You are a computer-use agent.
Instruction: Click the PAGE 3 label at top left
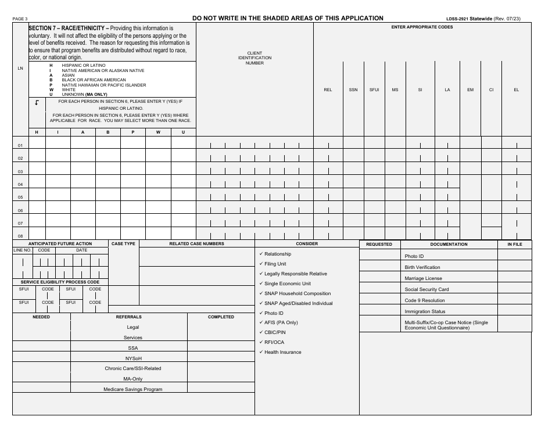(20, 19)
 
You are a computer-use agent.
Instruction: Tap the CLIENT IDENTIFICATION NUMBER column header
(255, 58)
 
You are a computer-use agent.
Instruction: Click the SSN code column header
(353, 90)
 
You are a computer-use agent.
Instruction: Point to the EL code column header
(516, 90)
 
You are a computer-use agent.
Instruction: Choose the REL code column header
(328, 90)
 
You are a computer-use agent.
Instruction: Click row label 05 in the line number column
(20, 198)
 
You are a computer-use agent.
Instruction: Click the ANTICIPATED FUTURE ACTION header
(60, 244)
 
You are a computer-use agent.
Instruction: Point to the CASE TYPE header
(123, 244)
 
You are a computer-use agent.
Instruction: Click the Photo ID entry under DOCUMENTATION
(414, 256)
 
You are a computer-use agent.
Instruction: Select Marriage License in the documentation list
(423, 278)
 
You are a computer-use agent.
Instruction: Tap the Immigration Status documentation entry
(425, 311)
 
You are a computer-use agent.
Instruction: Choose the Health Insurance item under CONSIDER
(282, 352)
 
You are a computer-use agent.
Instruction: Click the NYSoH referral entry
(133, 358)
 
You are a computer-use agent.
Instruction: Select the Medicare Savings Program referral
(133, 389)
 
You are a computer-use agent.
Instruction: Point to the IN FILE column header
(515, 245)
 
